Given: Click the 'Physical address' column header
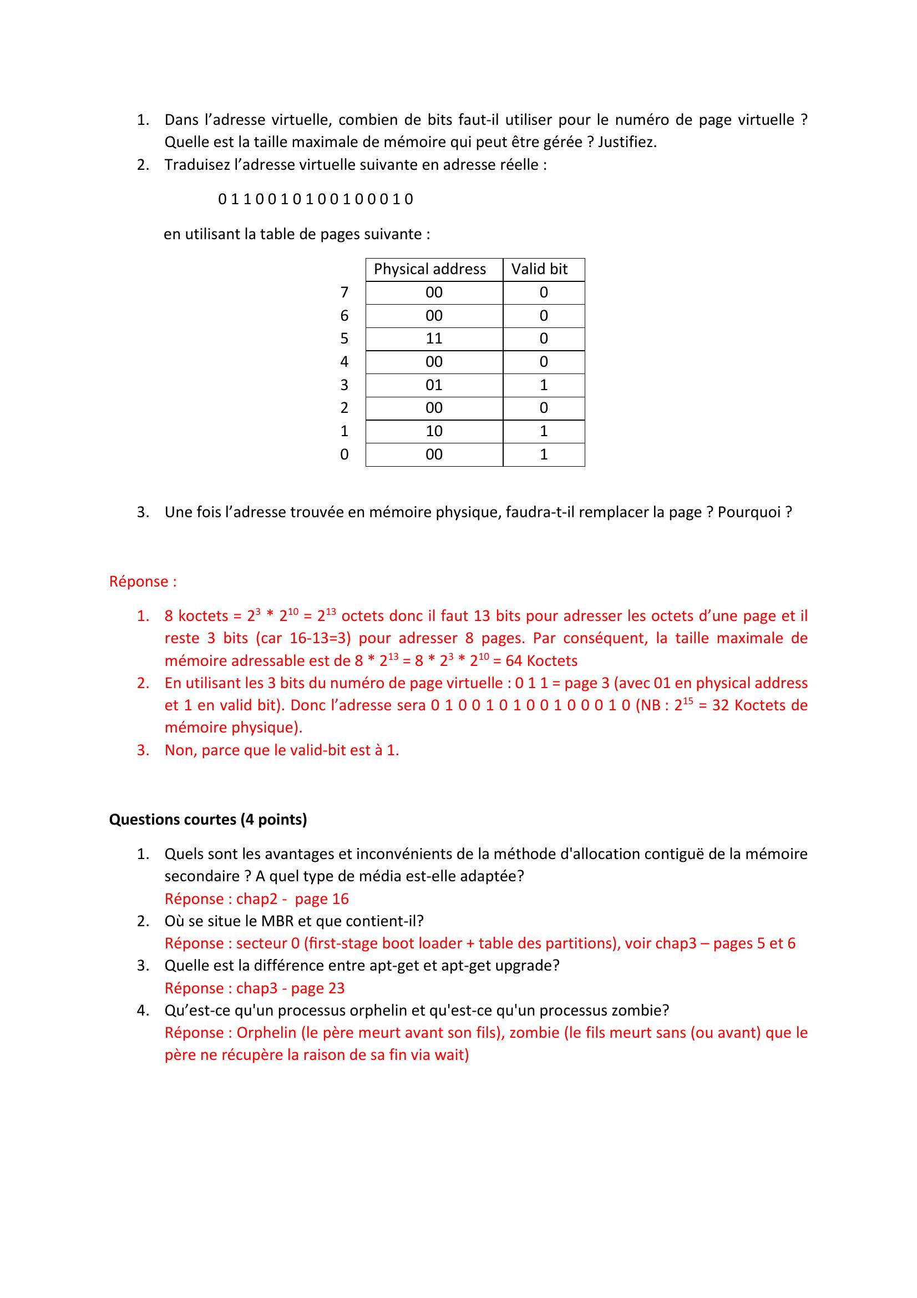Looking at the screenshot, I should [429, 269].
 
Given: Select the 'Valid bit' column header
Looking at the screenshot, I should [539, 269].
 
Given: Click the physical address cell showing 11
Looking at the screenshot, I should [434, 339].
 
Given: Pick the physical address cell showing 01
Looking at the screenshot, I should [434, 385].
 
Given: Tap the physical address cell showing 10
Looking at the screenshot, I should [434, 431].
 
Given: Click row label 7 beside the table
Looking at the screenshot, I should [344, 292].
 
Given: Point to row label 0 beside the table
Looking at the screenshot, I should [344, 454].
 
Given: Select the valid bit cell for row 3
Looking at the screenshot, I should [544, 385].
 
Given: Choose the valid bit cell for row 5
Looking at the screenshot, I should [544, 339].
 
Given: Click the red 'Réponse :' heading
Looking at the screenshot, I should [143, 581].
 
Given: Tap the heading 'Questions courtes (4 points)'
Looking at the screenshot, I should [208, 819].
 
